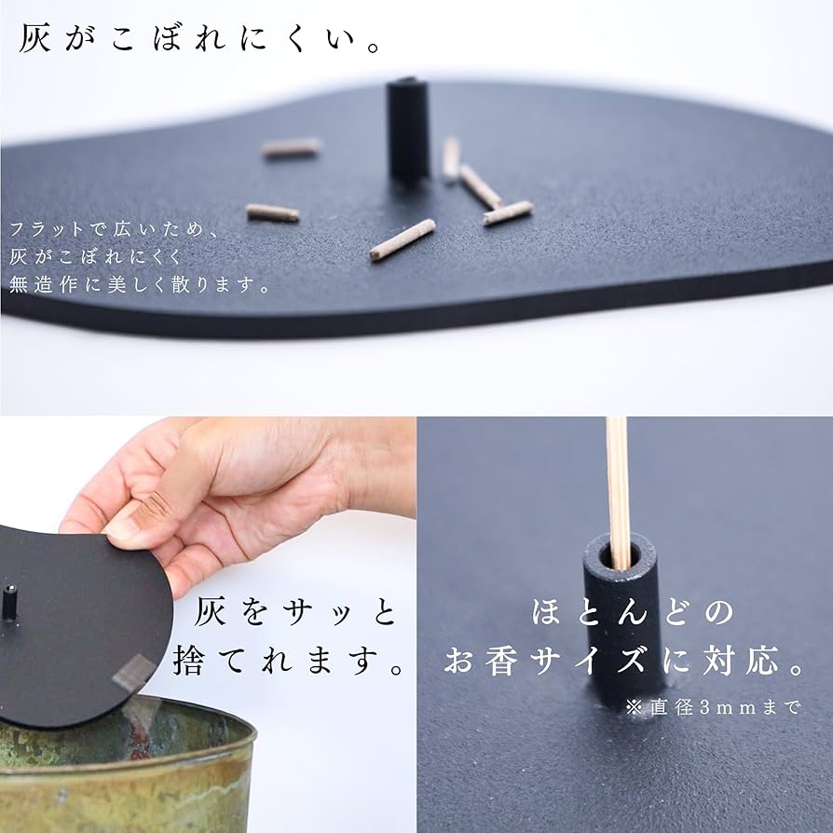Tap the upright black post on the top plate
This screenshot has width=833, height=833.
click(x=408, y=130)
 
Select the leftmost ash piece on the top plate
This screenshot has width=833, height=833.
click(x=272, y=213)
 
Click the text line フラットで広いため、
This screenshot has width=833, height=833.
click(x=114, y=229)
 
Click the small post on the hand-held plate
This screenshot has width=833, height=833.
click(x=9, y=603)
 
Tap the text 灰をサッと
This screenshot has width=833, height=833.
click(x=295, y=611)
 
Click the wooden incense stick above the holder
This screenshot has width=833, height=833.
click(x=617, y=491)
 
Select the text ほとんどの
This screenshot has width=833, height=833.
click(x=632, y=611)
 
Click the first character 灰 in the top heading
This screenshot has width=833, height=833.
click(x=34, y=38)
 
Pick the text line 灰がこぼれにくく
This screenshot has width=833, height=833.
click(x=96, y=257)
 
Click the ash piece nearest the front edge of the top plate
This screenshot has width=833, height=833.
click(x=403, y=239)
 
